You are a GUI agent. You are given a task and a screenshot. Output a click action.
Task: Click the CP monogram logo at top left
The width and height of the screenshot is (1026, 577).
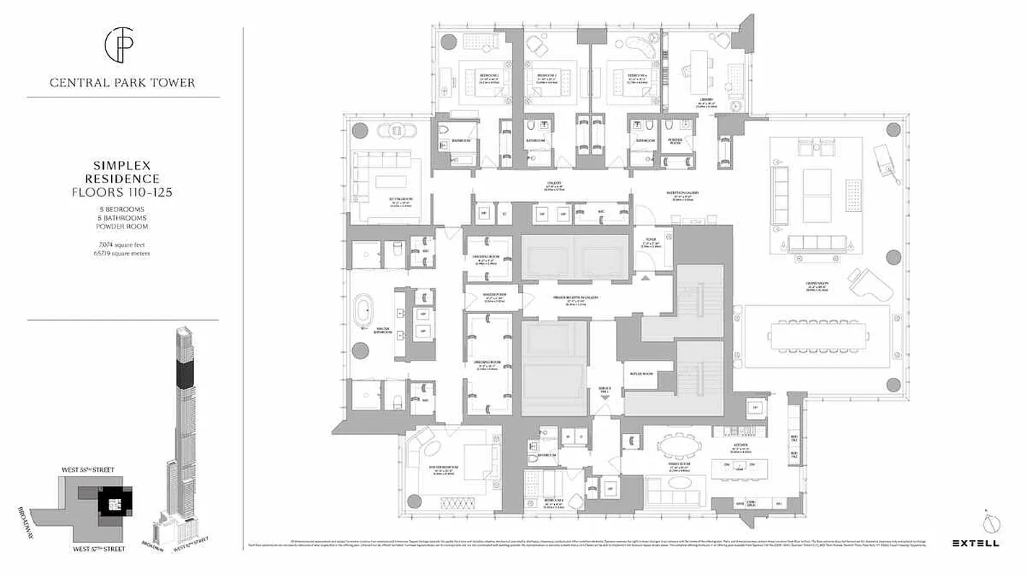point(122,45)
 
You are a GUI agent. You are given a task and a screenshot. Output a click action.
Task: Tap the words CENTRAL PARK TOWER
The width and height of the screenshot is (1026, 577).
point(122,82)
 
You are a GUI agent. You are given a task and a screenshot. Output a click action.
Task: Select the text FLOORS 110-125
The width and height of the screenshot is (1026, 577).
point(122,192)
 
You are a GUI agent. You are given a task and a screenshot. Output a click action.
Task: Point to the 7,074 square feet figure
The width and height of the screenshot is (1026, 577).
point(122,245)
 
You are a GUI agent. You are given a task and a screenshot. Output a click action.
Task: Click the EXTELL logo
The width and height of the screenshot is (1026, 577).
point(975,543)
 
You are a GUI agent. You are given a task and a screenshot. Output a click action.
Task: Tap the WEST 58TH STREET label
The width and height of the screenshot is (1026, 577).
point(87,470)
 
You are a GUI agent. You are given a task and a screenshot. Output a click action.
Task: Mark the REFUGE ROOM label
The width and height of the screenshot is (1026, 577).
point(643,374)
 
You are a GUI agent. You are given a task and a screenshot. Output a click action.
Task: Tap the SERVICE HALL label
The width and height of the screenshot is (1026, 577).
point(605,390)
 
